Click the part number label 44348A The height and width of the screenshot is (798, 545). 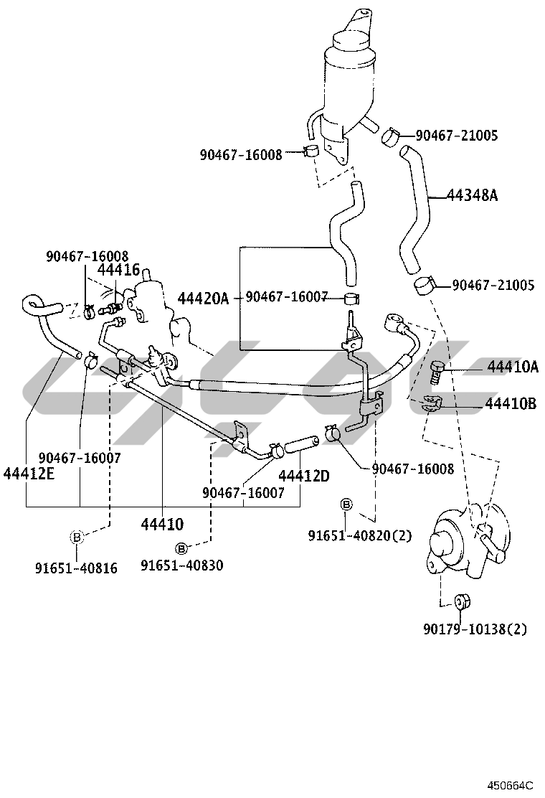tap(471, 194)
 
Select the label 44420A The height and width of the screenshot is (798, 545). tap(203, 298)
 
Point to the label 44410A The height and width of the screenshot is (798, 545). tap(512, 367)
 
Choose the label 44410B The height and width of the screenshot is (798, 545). tap(511, 403)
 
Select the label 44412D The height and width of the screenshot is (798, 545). tap(303, 475)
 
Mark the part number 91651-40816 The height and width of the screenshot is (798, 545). tap(76, 568)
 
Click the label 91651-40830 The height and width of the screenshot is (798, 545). tap(181, 565)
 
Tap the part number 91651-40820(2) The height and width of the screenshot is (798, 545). tap(360, 535)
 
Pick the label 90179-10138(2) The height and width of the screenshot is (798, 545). tap(475, 629)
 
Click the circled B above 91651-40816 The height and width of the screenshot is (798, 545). tap(77, 536)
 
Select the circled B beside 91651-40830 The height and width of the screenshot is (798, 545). tap(181, 548)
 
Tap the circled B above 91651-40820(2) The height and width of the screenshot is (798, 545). tap(346, 505)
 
